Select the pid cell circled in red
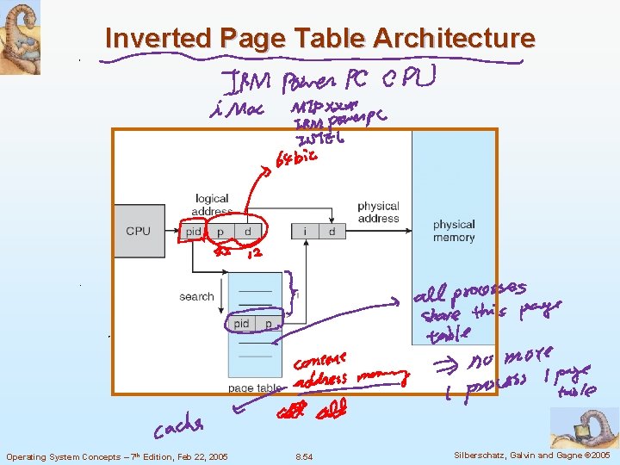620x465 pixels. tap(194, 232)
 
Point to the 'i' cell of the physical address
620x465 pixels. tap(305, 232)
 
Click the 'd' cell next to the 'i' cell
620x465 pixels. tap(332, 232)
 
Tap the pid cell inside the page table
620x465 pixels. tap(242, 324)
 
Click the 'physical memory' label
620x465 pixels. tap(454, 231)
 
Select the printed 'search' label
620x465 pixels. tap(196, 296)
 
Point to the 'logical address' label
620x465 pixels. tap(212, 205)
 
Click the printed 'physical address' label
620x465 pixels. tap(378, 212)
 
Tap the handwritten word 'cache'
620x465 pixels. tap(179, 426)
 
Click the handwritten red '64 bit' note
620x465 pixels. tap(295, 158)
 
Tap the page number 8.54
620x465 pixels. tap(303, 456)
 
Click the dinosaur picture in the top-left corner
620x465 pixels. tap(20, 37)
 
